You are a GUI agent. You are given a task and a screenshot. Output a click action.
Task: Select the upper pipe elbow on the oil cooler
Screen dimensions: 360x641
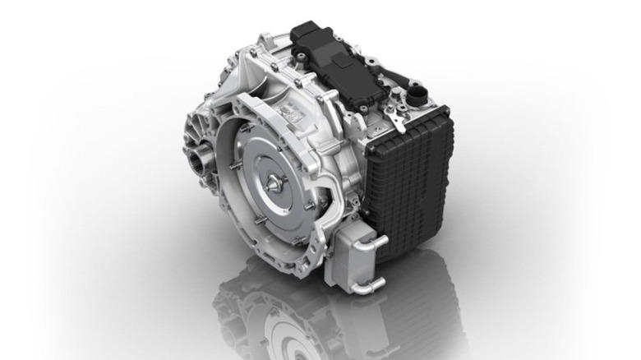pos(380,242)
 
